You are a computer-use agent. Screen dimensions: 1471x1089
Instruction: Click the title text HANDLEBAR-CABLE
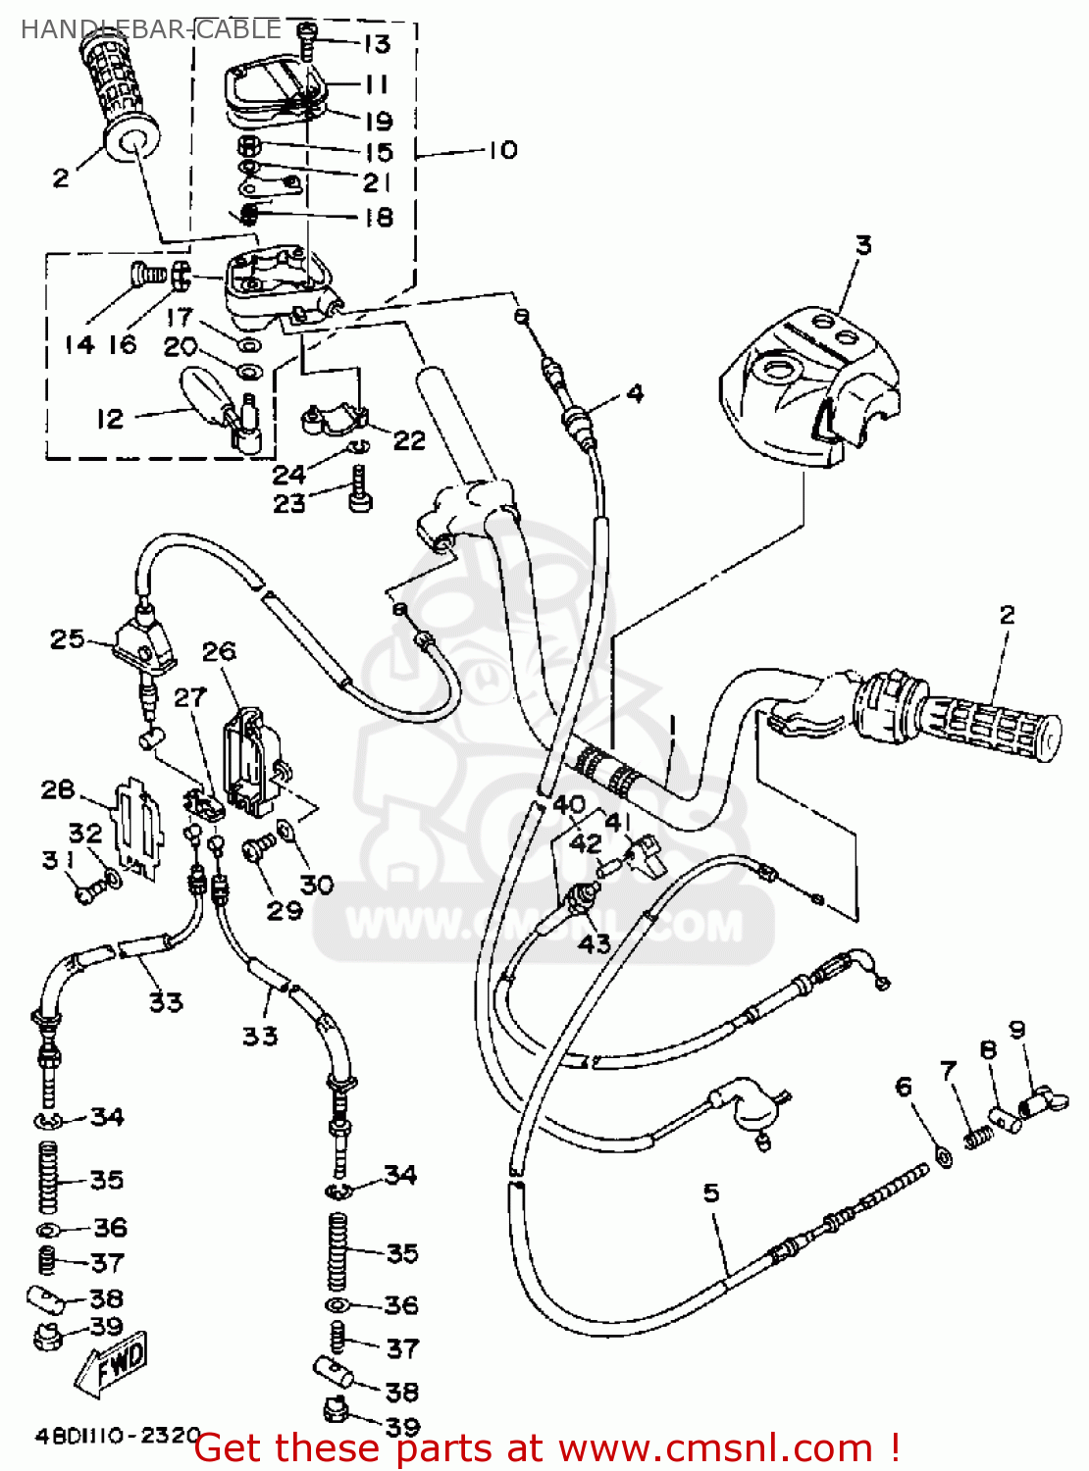click(x=150, y=29)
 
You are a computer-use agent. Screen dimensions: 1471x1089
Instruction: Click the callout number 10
click(x=501, y=150)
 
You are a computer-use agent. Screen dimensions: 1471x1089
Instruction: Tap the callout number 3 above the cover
click(x=862, y=245)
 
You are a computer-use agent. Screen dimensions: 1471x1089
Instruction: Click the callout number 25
click(x=67, y=639)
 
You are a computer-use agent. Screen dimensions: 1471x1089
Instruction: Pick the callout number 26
click(x=219, y=651)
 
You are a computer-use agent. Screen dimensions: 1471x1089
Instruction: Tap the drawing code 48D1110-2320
click(x=118, y=1436)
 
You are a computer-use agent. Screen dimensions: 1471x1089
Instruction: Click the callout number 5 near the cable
click(x=711, y=1193)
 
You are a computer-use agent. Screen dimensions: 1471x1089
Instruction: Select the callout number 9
click(x=1016, y=1030)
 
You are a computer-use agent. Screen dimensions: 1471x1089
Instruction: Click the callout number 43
click(x=594, y=943)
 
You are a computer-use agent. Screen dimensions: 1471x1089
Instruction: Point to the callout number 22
click(x=409, y=440)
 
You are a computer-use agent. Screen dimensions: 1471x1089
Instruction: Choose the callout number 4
click(x=635, y=394)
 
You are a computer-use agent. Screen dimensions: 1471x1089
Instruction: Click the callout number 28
click(x=58, y=789)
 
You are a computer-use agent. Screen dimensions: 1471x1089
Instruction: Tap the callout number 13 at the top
click(x=377, y=44)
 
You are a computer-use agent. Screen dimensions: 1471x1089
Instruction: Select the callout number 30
click(x=317, y=885)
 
